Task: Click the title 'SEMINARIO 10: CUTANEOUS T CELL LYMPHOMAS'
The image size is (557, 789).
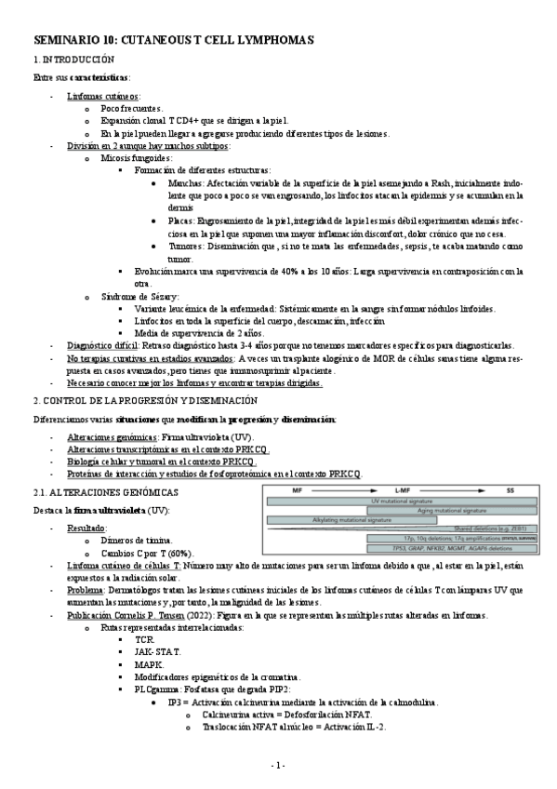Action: click(x=174, y=41)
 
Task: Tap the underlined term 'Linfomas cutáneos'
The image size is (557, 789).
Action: click(x=103, y=96)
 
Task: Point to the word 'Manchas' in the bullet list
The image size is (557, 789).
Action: click(x=185, y=183)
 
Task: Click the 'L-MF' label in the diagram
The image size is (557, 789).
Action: click(x=403, y=488)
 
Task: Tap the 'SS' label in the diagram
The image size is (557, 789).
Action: click(x=510, y=488)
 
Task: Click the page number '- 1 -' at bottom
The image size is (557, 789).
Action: click(x=277, y=765)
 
